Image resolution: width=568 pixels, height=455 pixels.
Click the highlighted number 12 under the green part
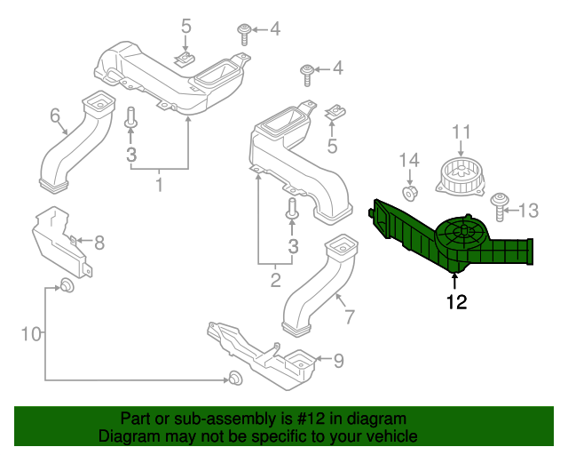(x=457, y=302)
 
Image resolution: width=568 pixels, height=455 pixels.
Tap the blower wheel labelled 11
(x=461, y=176)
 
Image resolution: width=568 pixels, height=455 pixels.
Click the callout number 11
(x=461, y=132)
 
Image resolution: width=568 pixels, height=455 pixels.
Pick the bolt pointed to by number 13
(x=500, y=207)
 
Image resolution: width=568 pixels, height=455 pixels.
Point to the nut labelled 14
(x=410, y=192)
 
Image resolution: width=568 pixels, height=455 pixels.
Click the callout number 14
(x=409, y=160)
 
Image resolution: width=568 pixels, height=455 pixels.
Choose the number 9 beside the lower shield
(x=338, y=361)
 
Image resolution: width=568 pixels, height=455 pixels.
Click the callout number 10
(x=31, y=334)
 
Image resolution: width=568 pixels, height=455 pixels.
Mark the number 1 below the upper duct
(x=159, y=185)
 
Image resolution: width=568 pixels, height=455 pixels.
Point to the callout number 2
(x=275, y=280)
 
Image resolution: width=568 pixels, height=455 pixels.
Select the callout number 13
(x=529, y=211)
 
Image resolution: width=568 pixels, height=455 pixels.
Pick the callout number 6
(x=55, y=116)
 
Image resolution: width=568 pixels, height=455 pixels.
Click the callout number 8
(x=99, y=243)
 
